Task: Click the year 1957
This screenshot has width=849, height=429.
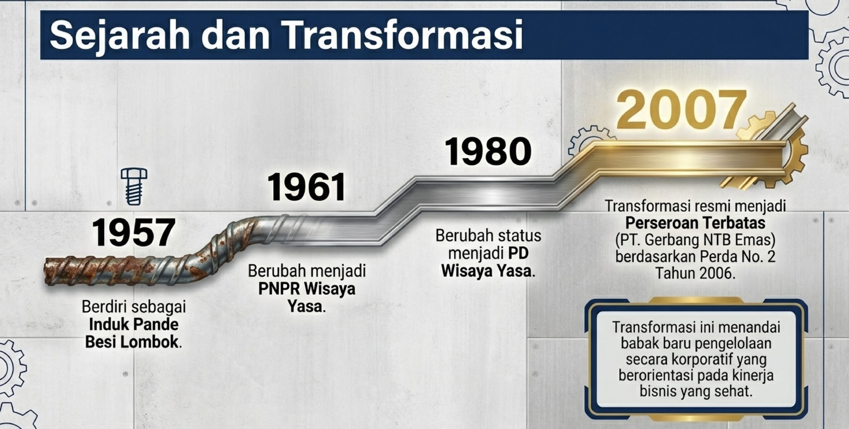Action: point(133,232)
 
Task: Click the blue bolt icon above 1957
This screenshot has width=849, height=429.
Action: point(134,186)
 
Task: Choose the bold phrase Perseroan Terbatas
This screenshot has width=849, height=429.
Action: point(695,223)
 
